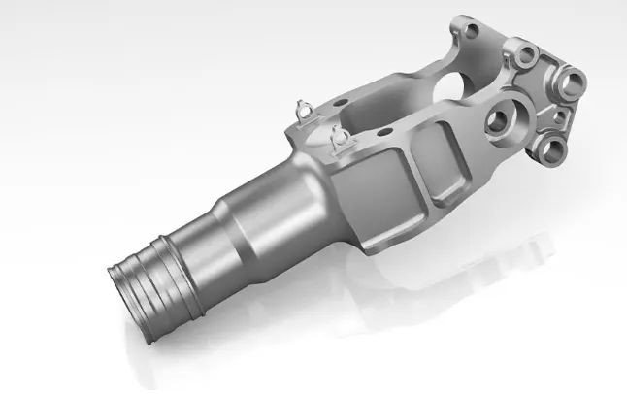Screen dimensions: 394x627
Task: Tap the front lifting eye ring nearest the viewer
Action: point(340,138)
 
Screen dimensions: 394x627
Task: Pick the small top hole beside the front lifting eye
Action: point(383,129)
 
